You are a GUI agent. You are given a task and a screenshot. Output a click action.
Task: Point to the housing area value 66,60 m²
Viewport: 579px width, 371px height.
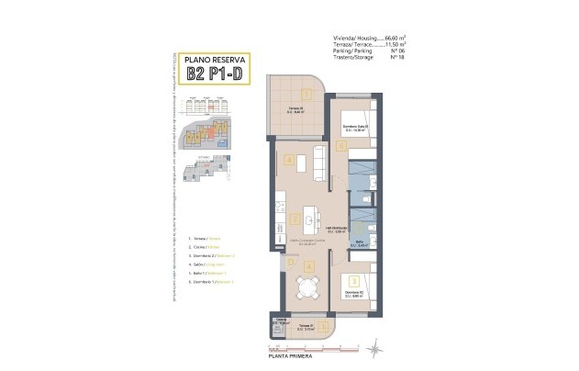point(395,38)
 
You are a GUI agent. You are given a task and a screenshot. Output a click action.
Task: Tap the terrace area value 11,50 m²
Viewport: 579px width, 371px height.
point(395,44)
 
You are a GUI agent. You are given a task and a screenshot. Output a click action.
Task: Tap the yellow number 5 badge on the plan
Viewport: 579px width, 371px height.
point(340,145)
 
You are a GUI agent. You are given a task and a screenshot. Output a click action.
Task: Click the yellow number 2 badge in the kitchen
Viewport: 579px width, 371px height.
point(295,219)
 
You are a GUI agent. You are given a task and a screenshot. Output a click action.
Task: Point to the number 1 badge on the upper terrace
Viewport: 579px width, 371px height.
point(306,92)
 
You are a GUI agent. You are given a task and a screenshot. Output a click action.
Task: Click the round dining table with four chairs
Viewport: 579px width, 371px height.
point(306,287)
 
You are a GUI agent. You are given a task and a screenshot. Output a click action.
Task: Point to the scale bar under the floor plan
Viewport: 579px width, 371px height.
point(284,348)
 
